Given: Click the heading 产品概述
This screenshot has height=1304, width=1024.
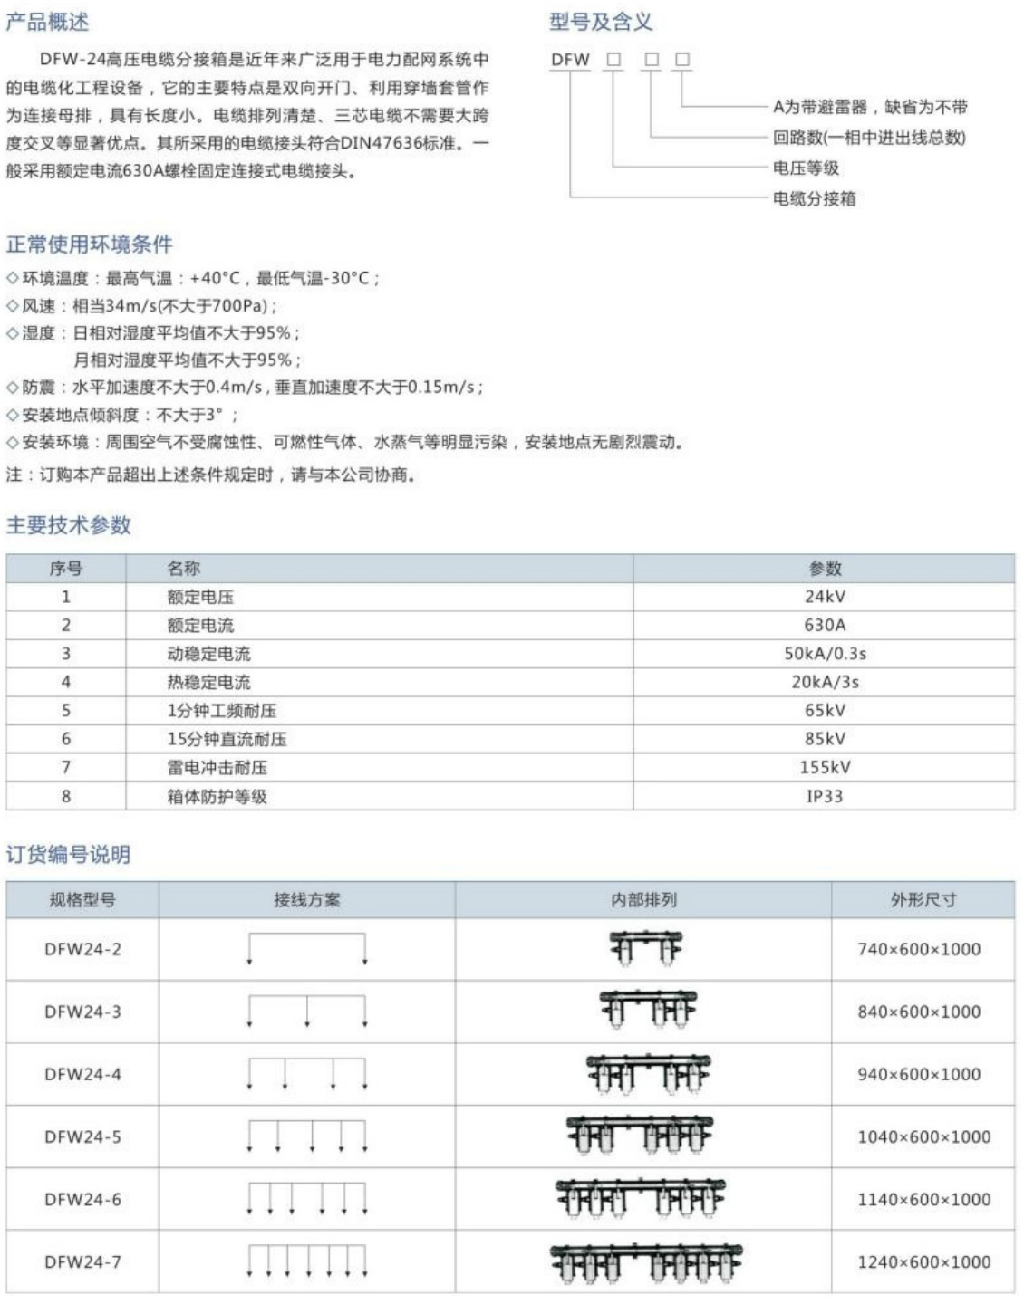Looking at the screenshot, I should click(x=48, y=22).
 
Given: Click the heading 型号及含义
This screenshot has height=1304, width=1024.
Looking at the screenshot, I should click(x=600, y=22).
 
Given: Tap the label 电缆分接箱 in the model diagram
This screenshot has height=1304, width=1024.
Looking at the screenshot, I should click(x=814, y=198).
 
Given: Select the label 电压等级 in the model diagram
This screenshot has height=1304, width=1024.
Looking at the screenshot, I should click(x=806, y=168).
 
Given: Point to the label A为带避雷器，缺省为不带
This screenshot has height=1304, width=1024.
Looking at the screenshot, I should click(x=870, y=107).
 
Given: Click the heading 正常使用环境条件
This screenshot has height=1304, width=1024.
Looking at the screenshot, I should click(x=89, y=244).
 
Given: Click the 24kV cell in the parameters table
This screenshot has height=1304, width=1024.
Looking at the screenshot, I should click(x=824, y=597).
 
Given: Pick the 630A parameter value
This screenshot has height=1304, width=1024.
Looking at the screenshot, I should click(x=824, y=625).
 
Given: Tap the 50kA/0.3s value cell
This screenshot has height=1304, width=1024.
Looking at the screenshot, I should click(x=824, y=654).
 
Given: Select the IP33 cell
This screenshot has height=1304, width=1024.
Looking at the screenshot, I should click(x=824, y=797).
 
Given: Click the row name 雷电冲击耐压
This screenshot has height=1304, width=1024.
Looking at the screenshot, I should click(x=217, y=768).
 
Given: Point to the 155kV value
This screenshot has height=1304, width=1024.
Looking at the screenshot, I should click(x=824, y=768).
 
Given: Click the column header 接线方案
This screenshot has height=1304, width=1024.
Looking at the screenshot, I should click(x=306, y=900).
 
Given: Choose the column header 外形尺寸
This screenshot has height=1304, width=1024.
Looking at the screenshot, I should click(x=923, y=900).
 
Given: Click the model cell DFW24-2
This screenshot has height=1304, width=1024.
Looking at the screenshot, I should click(x=82, y=949).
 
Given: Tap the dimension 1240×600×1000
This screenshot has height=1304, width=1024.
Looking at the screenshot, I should click(x=923, y=1261).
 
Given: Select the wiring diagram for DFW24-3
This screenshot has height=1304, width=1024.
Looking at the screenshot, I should click(x=306, y=1011).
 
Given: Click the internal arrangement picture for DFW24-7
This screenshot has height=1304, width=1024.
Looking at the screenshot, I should click(x=644, y=1262).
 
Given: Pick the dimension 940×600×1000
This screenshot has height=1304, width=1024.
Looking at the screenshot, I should click(x=919, y=1074).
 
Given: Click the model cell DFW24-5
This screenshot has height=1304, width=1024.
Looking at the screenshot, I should click(x=82, y=1136).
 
